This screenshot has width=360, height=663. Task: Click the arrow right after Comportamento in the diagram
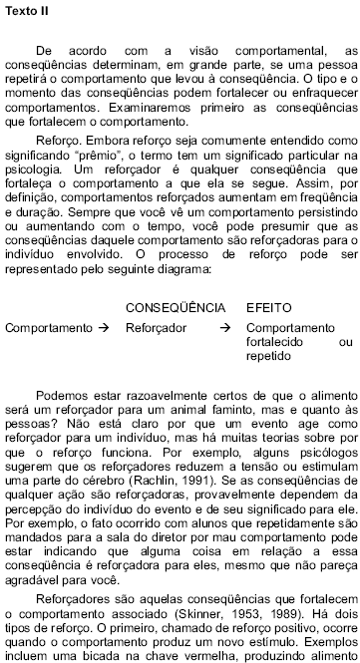(x=102, y=327)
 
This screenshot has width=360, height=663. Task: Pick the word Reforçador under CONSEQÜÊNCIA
(x=157, y=327)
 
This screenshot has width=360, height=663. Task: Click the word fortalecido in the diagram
(x=275, y=341)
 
